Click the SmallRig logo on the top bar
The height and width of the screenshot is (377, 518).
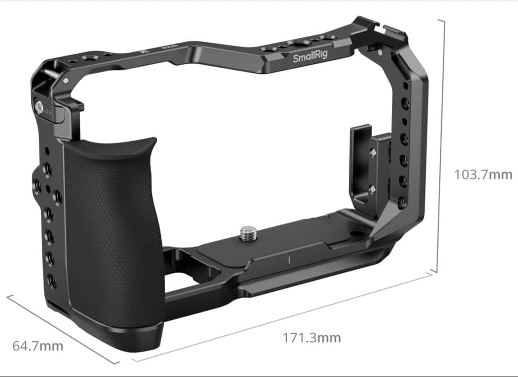(310, 57)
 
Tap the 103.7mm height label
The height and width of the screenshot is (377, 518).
(483, 175)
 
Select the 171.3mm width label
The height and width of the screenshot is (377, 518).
(312, 338)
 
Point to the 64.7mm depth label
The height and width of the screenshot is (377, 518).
(37, 346)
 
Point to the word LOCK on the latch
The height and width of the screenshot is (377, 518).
(48, 111)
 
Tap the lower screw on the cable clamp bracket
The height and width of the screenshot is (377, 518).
(372, 190)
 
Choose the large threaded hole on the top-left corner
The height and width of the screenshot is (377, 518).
(89, 58)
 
